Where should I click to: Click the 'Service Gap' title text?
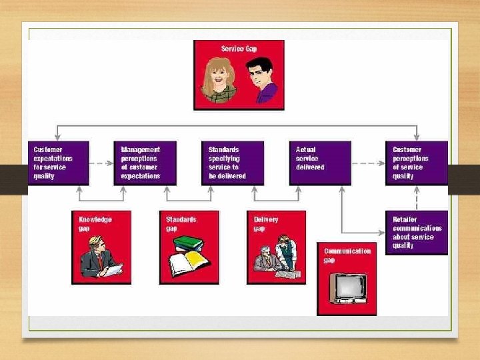(239, 49)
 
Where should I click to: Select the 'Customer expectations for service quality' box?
(59, 163)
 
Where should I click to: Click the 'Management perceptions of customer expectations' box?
(145, 163)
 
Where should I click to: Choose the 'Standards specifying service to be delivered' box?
(233, 163)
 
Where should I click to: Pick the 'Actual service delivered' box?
(320, 163)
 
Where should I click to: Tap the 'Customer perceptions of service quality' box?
(417, 163)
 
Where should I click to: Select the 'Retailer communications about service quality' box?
(417, 233)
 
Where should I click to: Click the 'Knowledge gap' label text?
(95, 223)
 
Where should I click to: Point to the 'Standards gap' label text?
(181, 223)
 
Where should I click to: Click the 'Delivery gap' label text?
(266, 223)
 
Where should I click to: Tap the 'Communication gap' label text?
(347, 255)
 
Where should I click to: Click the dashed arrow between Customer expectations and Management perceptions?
(102, 163)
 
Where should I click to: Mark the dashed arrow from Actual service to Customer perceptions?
(368, 163)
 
